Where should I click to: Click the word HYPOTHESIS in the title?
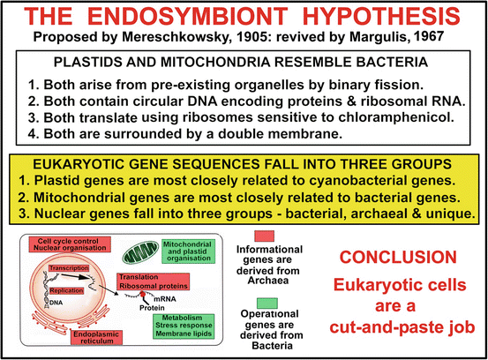(381, 17)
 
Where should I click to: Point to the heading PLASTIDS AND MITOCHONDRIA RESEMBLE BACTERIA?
(241, 63)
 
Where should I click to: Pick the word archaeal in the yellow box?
(382, 214)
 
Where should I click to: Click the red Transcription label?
(69, 268)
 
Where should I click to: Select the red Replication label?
(66, 290)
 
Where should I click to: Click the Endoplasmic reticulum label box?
(96, 338)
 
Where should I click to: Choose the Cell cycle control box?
(70, 244)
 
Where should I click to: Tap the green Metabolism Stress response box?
(184, 326)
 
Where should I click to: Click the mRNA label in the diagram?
(165, 299)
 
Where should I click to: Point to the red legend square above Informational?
(264, 236)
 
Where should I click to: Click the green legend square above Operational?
(267, 304)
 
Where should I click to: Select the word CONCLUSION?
(398, 258)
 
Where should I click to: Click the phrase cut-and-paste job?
(402, 327)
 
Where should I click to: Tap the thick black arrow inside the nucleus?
(75, 276)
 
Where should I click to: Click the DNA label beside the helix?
(56, 303)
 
